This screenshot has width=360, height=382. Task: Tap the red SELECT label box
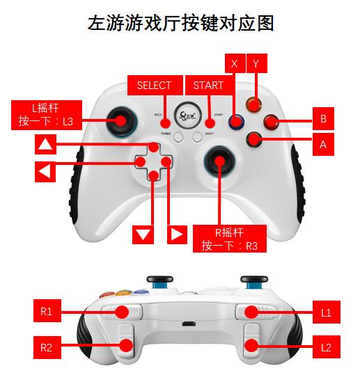tap(154, 86)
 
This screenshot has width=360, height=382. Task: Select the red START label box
tap(208, 86)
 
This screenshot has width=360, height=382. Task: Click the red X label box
tap(234, 63)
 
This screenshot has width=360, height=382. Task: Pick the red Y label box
tap(256, 63)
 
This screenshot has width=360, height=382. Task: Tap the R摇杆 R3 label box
tap(228, 237)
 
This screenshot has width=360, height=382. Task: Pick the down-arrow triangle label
tap(143, 234)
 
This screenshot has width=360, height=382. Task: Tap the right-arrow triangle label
tap(177, 234)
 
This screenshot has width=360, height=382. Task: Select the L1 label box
tap(326, 313)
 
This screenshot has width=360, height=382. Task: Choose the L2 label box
tap(326, 347)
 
